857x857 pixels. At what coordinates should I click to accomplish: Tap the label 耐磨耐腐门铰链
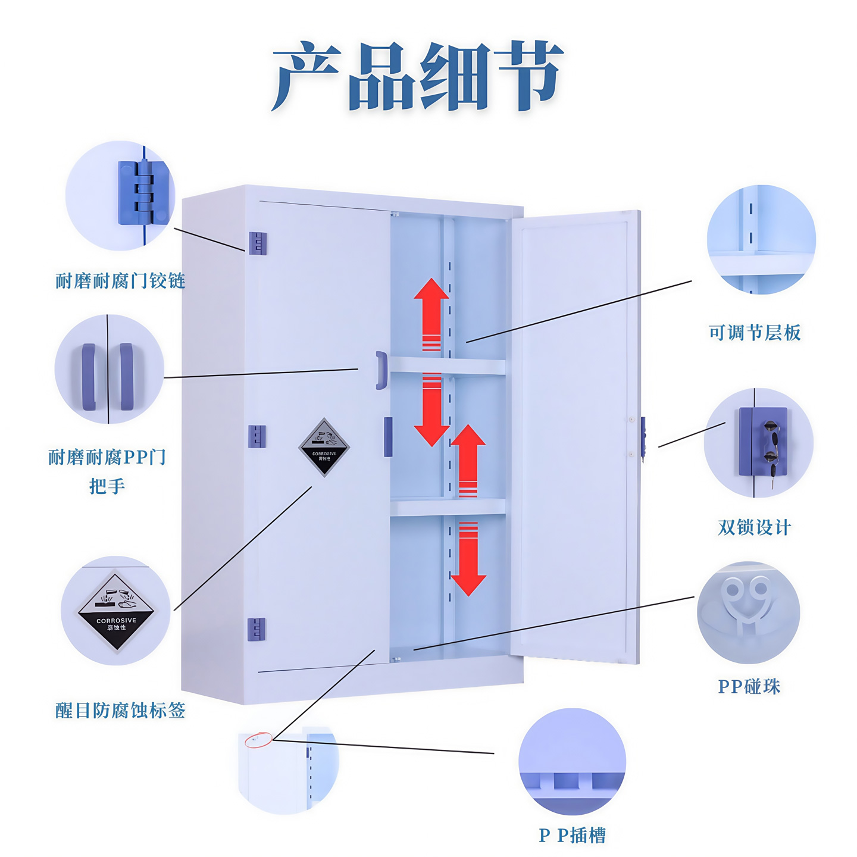(120, 280)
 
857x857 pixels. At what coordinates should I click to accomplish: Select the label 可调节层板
(754, 332)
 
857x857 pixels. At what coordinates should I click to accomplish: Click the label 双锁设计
(754, 527)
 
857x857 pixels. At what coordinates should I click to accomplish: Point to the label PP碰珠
(749, 686)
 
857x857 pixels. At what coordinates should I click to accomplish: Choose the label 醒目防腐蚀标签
(120, 710)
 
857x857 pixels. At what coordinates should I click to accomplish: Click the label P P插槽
(572, 835)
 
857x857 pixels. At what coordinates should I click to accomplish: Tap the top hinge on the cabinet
(258, 243)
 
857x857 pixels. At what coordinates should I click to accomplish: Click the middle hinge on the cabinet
(257, 436)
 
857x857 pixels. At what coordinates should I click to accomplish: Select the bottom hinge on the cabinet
(256, 629)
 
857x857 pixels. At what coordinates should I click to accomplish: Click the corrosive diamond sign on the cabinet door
(324, 447)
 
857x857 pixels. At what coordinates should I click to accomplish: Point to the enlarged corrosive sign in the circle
(116, 611)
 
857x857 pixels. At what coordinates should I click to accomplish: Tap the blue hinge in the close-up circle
(143, 193)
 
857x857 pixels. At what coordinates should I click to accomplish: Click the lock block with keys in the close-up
(763, 441)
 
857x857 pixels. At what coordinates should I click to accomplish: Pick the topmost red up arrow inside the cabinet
(431, 313)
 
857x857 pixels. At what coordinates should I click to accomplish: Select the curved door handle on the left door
(381, 370)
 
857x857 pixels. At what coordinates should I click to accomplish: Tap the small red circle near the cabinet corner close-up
(258, 740)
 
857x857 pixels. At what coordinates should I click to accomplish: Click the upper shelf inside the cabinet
(448, 365)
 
